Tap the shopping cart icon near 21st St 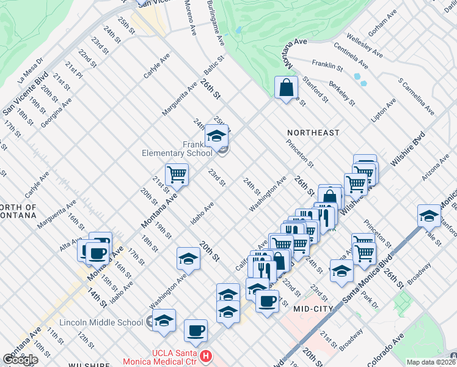point(177,175)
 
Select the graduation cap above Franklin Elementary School point(216,136)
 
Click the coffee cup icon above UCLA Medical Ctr point(196,331)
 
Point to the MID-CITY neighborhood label point(313,309)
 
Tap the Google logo point(20,359)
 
